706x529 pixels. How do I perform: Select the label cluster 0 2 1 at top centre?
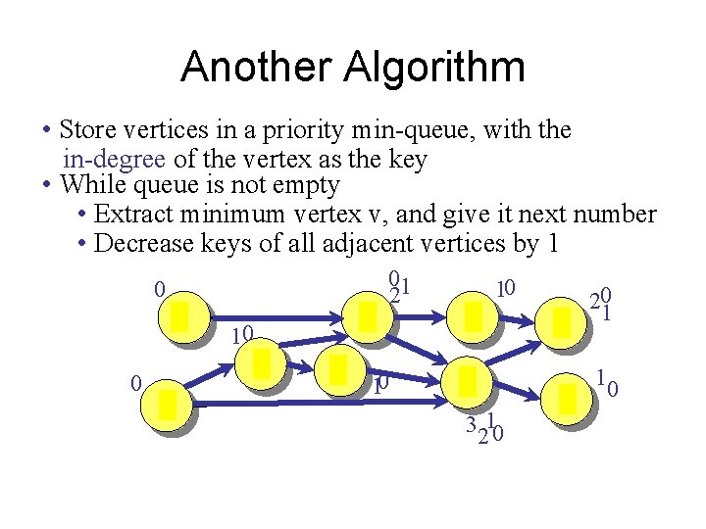397,286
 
